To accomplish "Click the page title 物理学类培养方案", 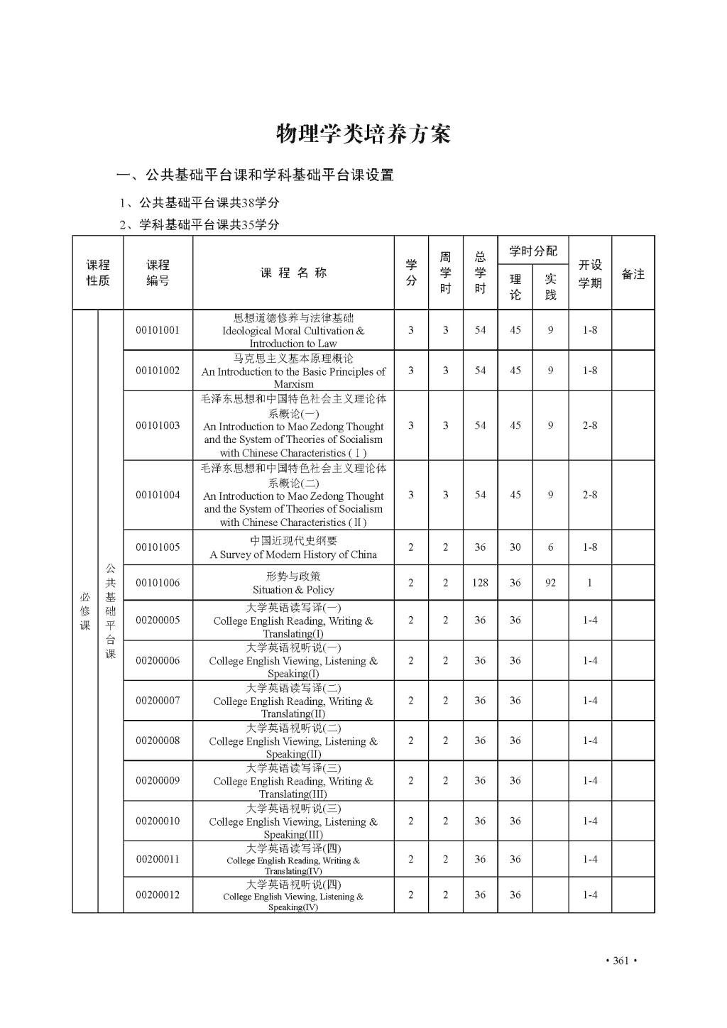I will (363, 133).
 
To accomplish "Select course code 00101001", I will (158, 330).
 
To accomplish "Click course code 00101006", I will (158, 583).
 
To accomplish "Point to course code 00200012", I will (158, 895).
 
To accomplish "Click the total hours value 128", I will (480, 583).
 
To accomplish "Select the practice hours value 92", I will (550, 583).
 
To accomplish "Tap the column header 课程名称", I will (293, 273).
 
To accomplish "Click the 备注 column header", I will (633, 274).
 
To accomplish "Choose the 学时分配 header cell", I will (533, 251).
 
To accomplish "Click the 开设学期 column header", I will (590, 273).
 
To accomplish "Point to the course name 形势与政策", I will (293, 576).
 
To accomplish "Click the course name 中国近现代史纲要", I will (293, 541).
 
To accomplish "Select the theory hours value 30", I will (515, 547).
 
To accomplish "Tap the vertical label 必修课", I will (85, 611).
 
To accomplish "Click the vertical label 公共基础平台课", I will (111, 611).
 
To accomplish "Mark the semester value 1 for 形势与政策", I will (590, 583).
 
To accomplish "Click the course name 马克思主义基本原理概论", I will (293, 359).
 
